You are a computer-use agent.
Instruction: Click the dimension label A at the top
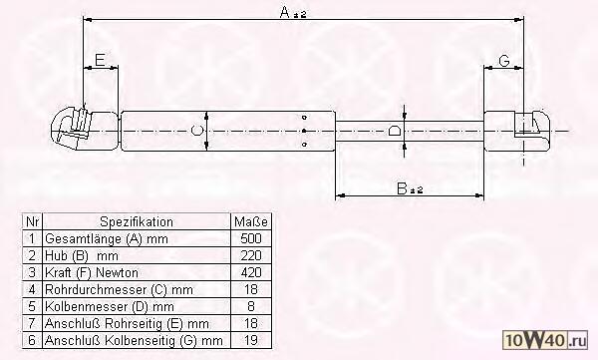click(x=285, y=13)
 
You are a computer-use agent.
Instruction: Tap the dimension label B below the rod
click(x=402, y=188)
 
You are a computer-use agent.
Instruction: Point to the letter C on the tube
click(x=196, y=131)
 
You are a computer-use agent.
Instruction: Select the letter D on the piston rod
click(x=395, y=131)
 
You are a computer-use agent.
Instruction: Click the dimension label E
click(x=100, y=60)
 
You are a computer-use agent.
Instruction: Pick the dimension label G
click(x=504, y=60)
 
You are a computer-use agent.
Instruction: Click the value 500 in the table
click(x=251, y=238)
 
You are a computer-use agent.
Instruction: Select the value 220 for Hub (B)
click(x=251, y=255)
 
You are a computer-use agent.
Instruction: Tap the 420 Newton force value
click(x=251, y=272)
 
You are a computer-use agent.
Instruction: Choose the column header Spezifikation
click(x=137, y=221)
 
